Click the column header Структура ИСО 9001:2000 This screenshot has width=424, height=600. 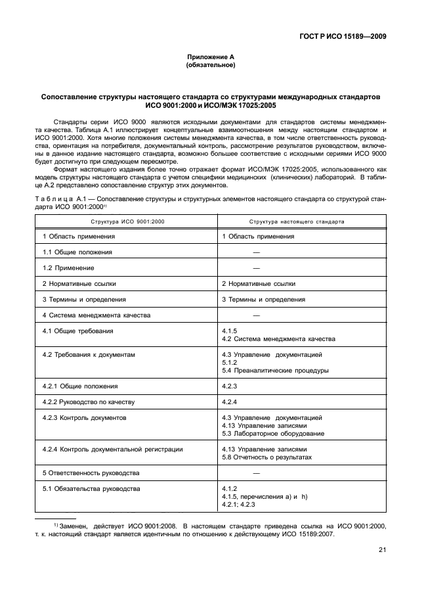pos(127,221)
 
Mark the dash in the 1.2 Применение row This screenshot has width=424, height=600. pos(256,267)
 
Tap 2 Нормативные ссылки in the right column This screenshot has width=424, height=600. pos(258,283)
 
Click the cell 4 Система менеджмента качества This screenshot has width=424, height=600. pos(96,315)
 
